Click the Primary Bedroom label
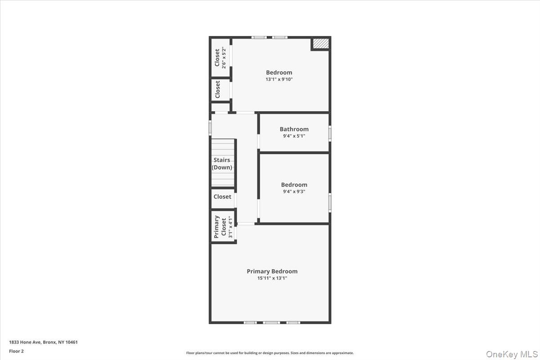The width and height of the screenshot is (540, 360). [272, 271]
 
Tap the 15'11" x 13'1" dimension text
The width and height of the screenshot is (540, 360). [272, 279]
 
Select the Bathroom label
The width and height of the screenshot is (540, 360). [294, 129]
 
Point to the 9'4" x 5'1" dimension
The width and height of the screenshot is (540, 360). [294, 136]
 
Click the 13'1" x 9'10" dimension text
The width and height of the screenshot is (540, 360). [279, 80]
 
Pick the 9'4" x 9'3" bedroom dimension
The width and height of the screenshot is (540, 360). [294, 192]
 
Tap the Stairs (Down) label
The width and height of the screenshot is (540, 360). [222, 163]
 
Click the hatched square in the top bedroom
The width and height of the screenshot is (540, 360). [320, 44]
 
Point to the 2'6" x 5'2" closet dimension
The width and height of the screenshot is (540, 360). [224, 57]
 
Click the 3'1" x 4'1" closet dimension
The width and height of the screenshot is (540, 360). [230, 227]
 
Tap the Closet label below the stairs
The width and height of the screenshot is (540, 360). [222, 197]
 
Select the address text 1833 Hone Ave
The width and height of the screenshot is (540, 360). [43, 342]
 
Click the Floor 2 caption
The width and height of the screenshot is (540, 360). [16, 351]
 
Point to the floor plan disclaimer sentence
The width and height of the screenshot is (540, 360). [270, 353]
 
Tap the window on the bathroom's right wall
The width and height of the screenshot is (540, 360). [330, 133]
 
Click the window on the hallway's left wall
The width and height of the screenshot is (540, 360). [210, 127]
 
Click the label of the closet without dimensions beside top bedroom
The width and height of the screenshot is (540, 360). [218, 90]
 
